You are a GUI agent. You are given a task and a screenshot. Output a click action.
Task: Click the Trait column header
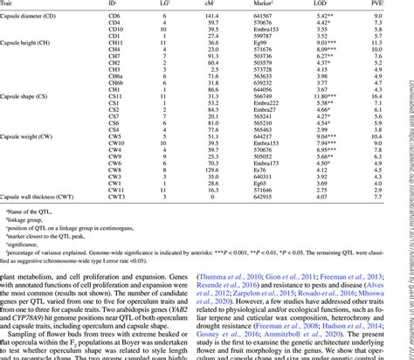(x=12, y=4)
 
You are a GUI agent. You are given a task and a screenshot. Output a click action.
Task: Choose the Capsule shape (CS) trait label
(x=31, y=95)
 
